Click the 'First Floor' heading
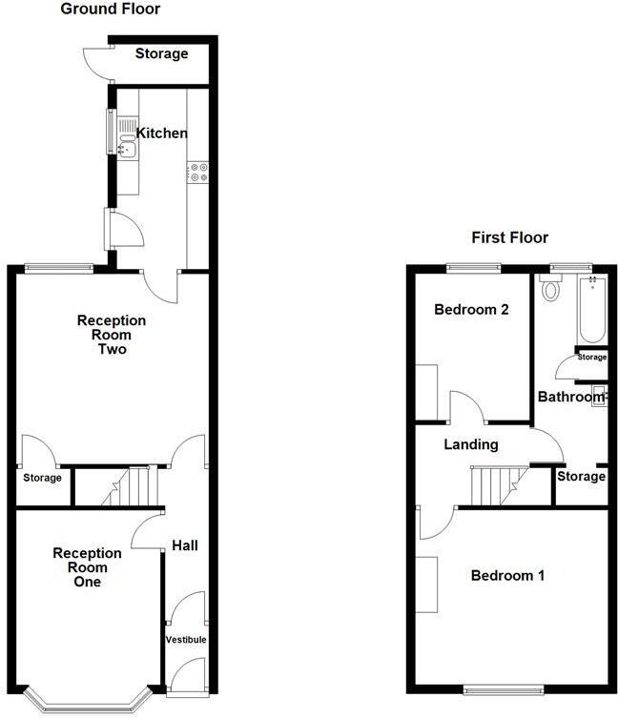click(x=510, y=237)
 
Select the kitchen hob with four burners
click(x=199, y=172)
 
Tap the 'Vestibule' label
click(x=186, y=639)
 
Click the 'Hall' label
click(x=185, y=545)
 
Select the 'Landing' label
click(x=471, y=444)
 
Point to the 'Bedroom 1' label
click(x=507, y=576)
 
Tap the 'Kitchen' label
click(x=162, y=133)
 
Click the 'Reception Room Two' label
click(x=112, y=335)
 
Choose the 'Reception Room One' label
click(x=87, y=567)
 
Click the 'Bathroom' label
click(x=570, y=397)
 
